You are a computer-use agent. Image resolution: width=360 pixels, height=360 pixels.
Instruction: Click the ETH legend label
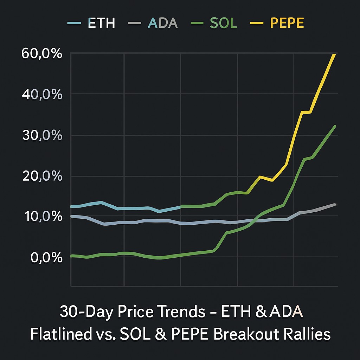click(101, 23)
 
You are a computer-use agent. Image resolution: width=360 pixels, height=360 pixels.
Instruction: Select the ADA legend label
click(163, 23)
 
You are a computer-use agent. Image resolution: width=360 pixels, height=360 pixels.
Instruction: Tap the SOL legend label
click(223, 23)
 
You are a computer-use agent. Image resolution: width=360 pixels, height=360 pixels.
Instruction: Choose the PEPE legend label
click(287, 23)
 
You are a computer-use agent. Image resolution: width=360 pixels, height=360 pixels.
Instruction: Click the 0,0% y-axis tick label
click(47, 258)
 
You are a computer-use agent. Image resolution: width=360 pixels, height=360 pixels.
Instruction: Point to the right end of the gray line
click(335, 205)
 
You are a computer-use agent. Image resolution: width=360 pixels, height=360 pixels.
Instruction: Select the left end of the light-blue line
click(72, 206)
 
